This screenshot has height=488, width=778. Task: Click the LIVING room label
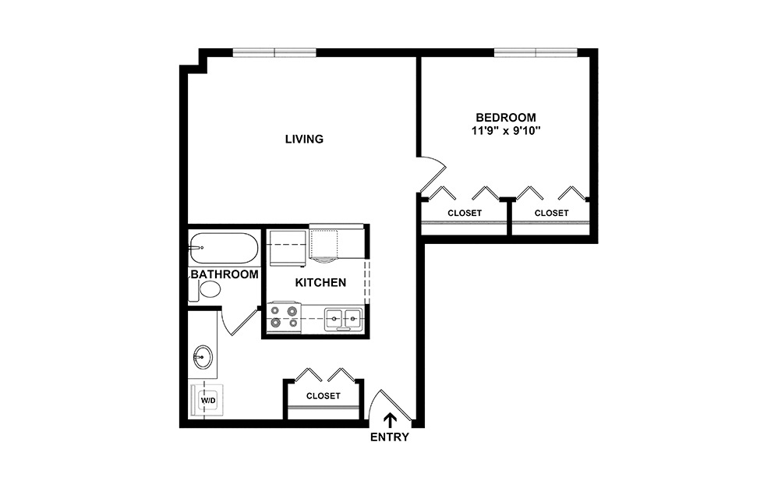click(304, 140)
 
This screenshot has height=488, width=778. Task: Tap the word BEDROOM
click(506, 117)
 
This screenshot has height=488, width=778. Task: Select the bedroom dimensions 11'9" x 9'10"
click(506, 131)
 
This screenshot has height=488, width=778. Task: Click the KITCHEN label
click(320, 282)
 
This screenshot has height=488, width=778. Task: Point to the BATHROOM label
click(225, 274)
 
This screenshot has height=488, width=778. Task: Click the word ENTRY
click(389, 437)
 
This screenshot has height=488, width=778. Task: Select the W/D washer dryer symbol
click(208, 401)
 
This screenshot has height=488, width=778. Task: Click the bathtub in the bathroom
click(224, 248)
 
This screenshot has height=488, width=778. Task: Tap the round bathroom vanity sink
click(203, 359)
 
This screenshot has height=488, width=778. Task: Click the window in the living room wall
click(274, 53)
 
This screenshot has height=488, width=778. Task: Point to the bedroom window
click(536, 53)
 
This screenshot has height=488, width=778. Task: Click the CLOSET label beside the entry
click(323, 396)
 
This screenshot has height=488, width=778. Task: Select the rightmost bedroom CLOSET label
click(551, 213)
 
